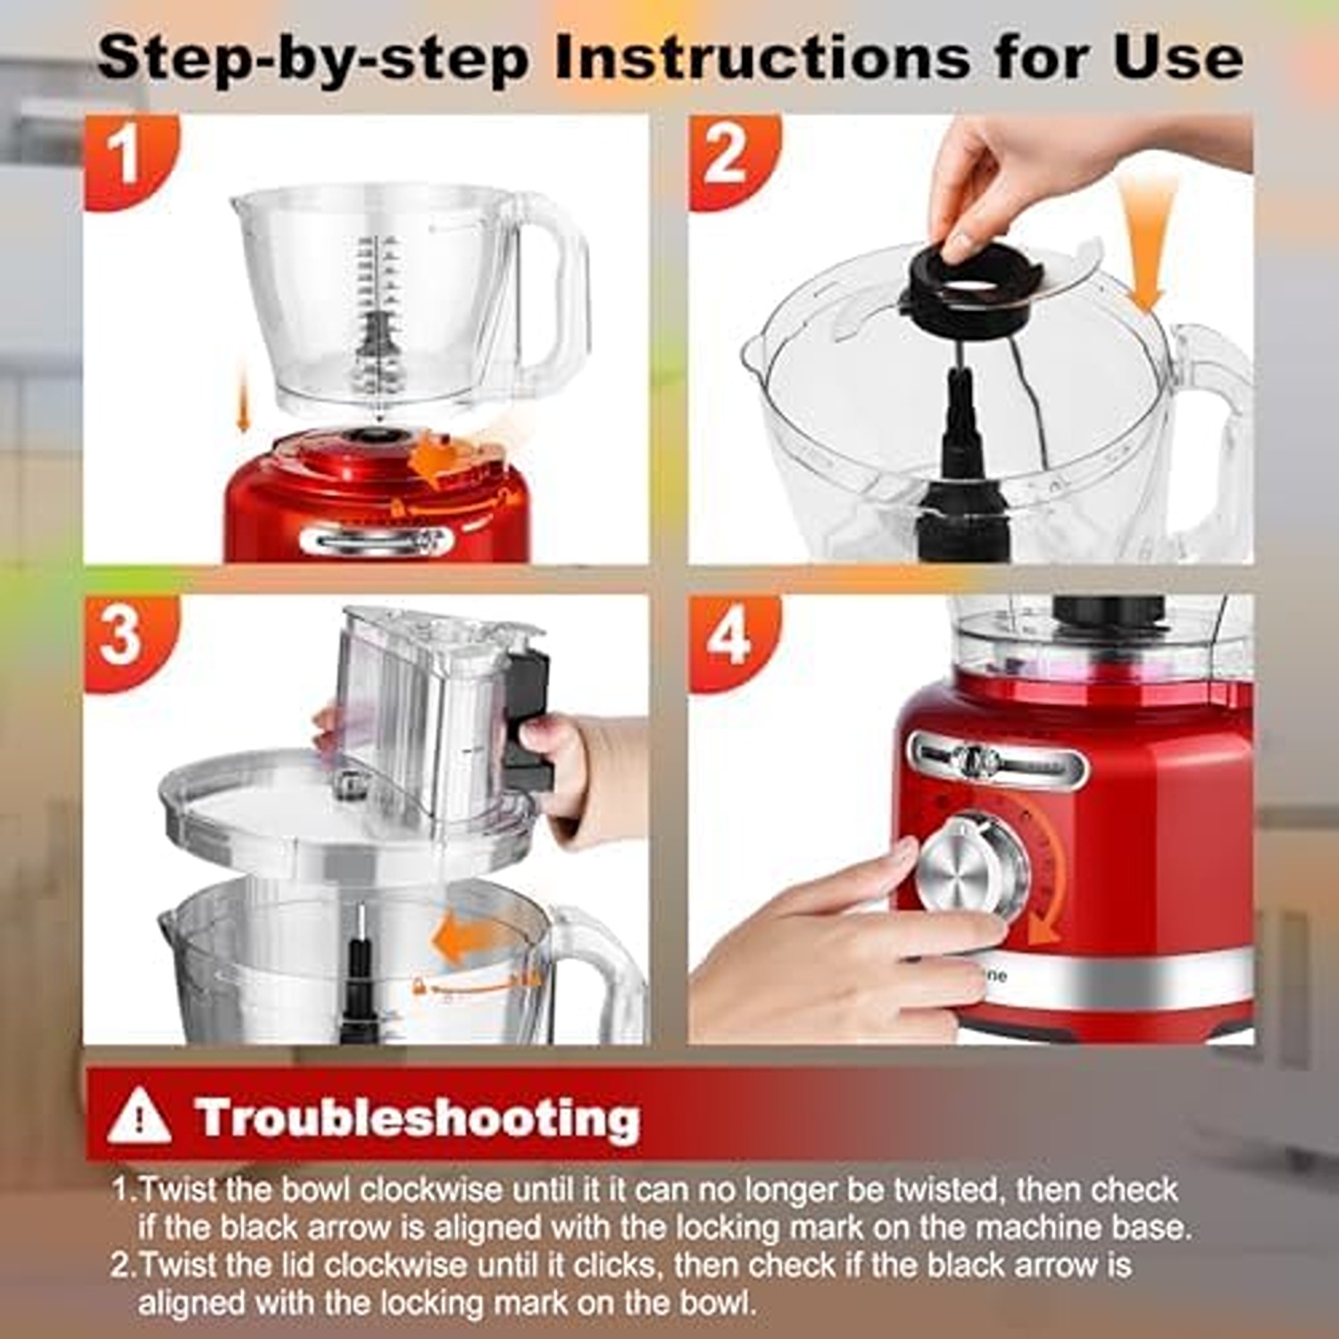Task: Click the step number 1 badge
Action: click(126, 158)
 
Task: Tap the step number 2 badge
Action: click(725, 158)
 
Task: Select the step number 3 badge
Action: click(122, 637)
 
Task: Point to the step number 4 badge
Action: click(728, 637)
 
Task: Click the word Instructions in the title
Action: click(761, 58)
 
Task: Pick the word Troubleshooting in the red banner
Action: click(417, 1118)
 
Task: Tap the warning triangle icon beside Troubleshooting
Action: click(138, 1118)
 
